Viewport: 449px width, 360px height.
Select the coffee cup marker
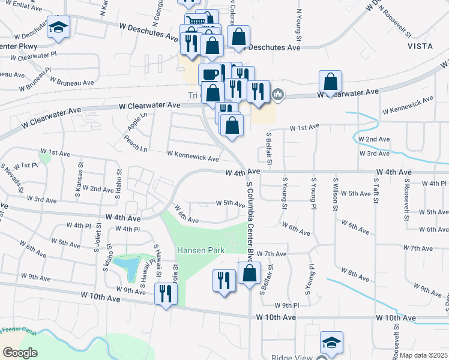[x=209, y=75]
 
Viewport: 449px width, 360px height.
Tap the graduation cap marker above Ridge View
[x=331, y=343]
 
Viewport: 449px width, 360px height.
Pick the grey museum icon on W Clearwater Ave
[x=279, y=95]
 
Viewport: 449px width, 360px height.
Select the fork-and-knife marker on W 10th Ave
[x=164, y=294]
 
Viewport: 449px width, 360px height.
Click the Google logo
[x=20, y=353]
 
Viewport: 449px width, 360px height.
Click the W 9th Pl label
[x=286, y=305]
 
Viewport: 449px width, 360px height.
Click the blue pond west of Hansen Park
[x=128, y=266]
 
